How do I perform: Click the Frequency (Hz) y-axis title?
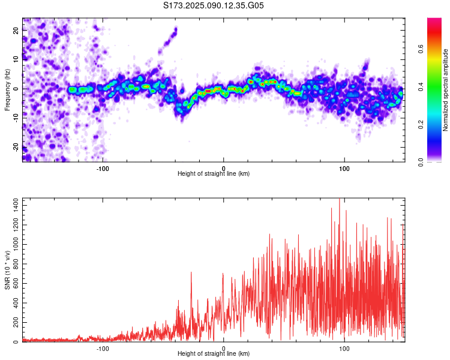coord(7,90)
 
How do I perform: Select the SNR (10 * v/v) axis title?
coord(7,270)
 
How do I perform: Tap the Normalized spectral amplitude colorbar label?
coord(446,90)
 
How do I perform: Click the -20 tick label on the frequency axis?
coord(16,146)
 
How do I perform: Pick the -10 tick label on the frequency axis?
coord(16,118)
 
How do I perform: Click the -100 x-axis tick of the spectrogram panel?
coord(103,168)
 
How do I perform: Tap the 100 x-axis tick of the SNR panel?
coord(344,348)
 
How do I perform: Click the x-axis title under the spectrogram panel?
coord(214,174)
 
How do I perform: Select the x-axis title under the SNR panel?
coord(214,354)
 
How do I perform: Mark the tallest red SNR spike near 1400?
coord(340,200)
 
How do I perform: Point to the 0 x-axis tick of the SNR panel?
coord(224,348)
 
